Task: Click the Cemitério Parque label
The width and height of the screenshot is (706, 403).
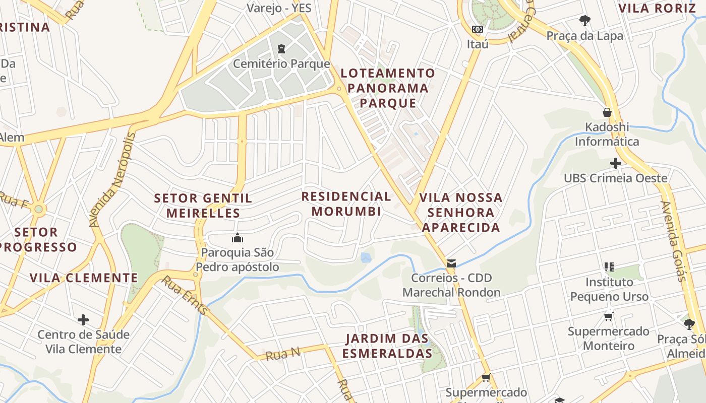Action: pyautogui.click(x=281, y=64)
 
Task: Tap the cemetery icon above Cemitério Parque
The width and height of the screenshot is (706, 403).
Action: pyautogui.click(x=281, y=49)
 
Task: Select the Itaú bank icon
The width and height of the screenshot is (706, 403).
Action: pyautogui.click(x=477, y=30)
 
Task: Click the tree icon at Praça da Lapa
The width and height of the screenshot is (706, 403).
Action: pyautogui.click(x=585, y=21)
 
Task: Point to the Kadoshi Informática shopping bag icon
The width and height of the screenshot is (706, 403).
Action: pyautogui.click(x=607, y=112)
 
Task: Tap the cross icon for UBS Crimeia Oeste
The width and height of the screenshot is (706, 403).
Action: pyautogui.click(x=615, y=163)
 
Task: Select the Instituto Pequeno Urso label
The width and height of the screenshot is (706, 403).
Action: pyautogui.click(x=609, y=289)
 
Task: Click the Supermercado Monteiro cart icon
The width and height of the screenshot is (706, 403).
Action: pyautogui.click(x=609, y=316)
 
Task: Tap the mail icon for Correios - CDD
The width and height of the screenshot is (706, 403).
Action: pyautogui.click(x=451, y=263)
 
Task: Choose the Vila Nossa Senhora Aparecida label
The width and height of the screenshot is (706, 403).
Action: pyautogui.click(x=460, y=212)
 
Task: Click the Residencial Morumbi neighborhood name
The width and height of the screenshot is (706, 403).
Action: pyautogui.click(x=346, y=204)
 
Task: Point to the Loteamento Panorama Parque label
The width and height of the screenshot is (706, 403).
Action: pyautogui.click(x=388, y=88)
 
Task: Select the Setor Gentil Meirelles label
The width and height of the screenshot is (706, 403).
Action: pyautogui.click(x=203, y=206)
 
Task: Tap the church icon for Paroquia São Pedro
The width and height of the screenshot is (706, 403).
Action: pyautogui.click(x=237, y=238)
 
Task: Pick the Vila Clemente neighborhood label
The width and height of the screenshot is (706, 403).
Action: pyautogui.click(x=84, y=278)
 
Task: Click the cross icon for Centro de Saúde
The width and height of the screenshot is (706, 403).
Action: pyautogui.click(x=83, y=320)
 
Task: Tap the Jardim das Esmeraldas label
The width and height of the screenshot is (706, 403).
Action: pyautogui.click(x=387, y=346)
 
